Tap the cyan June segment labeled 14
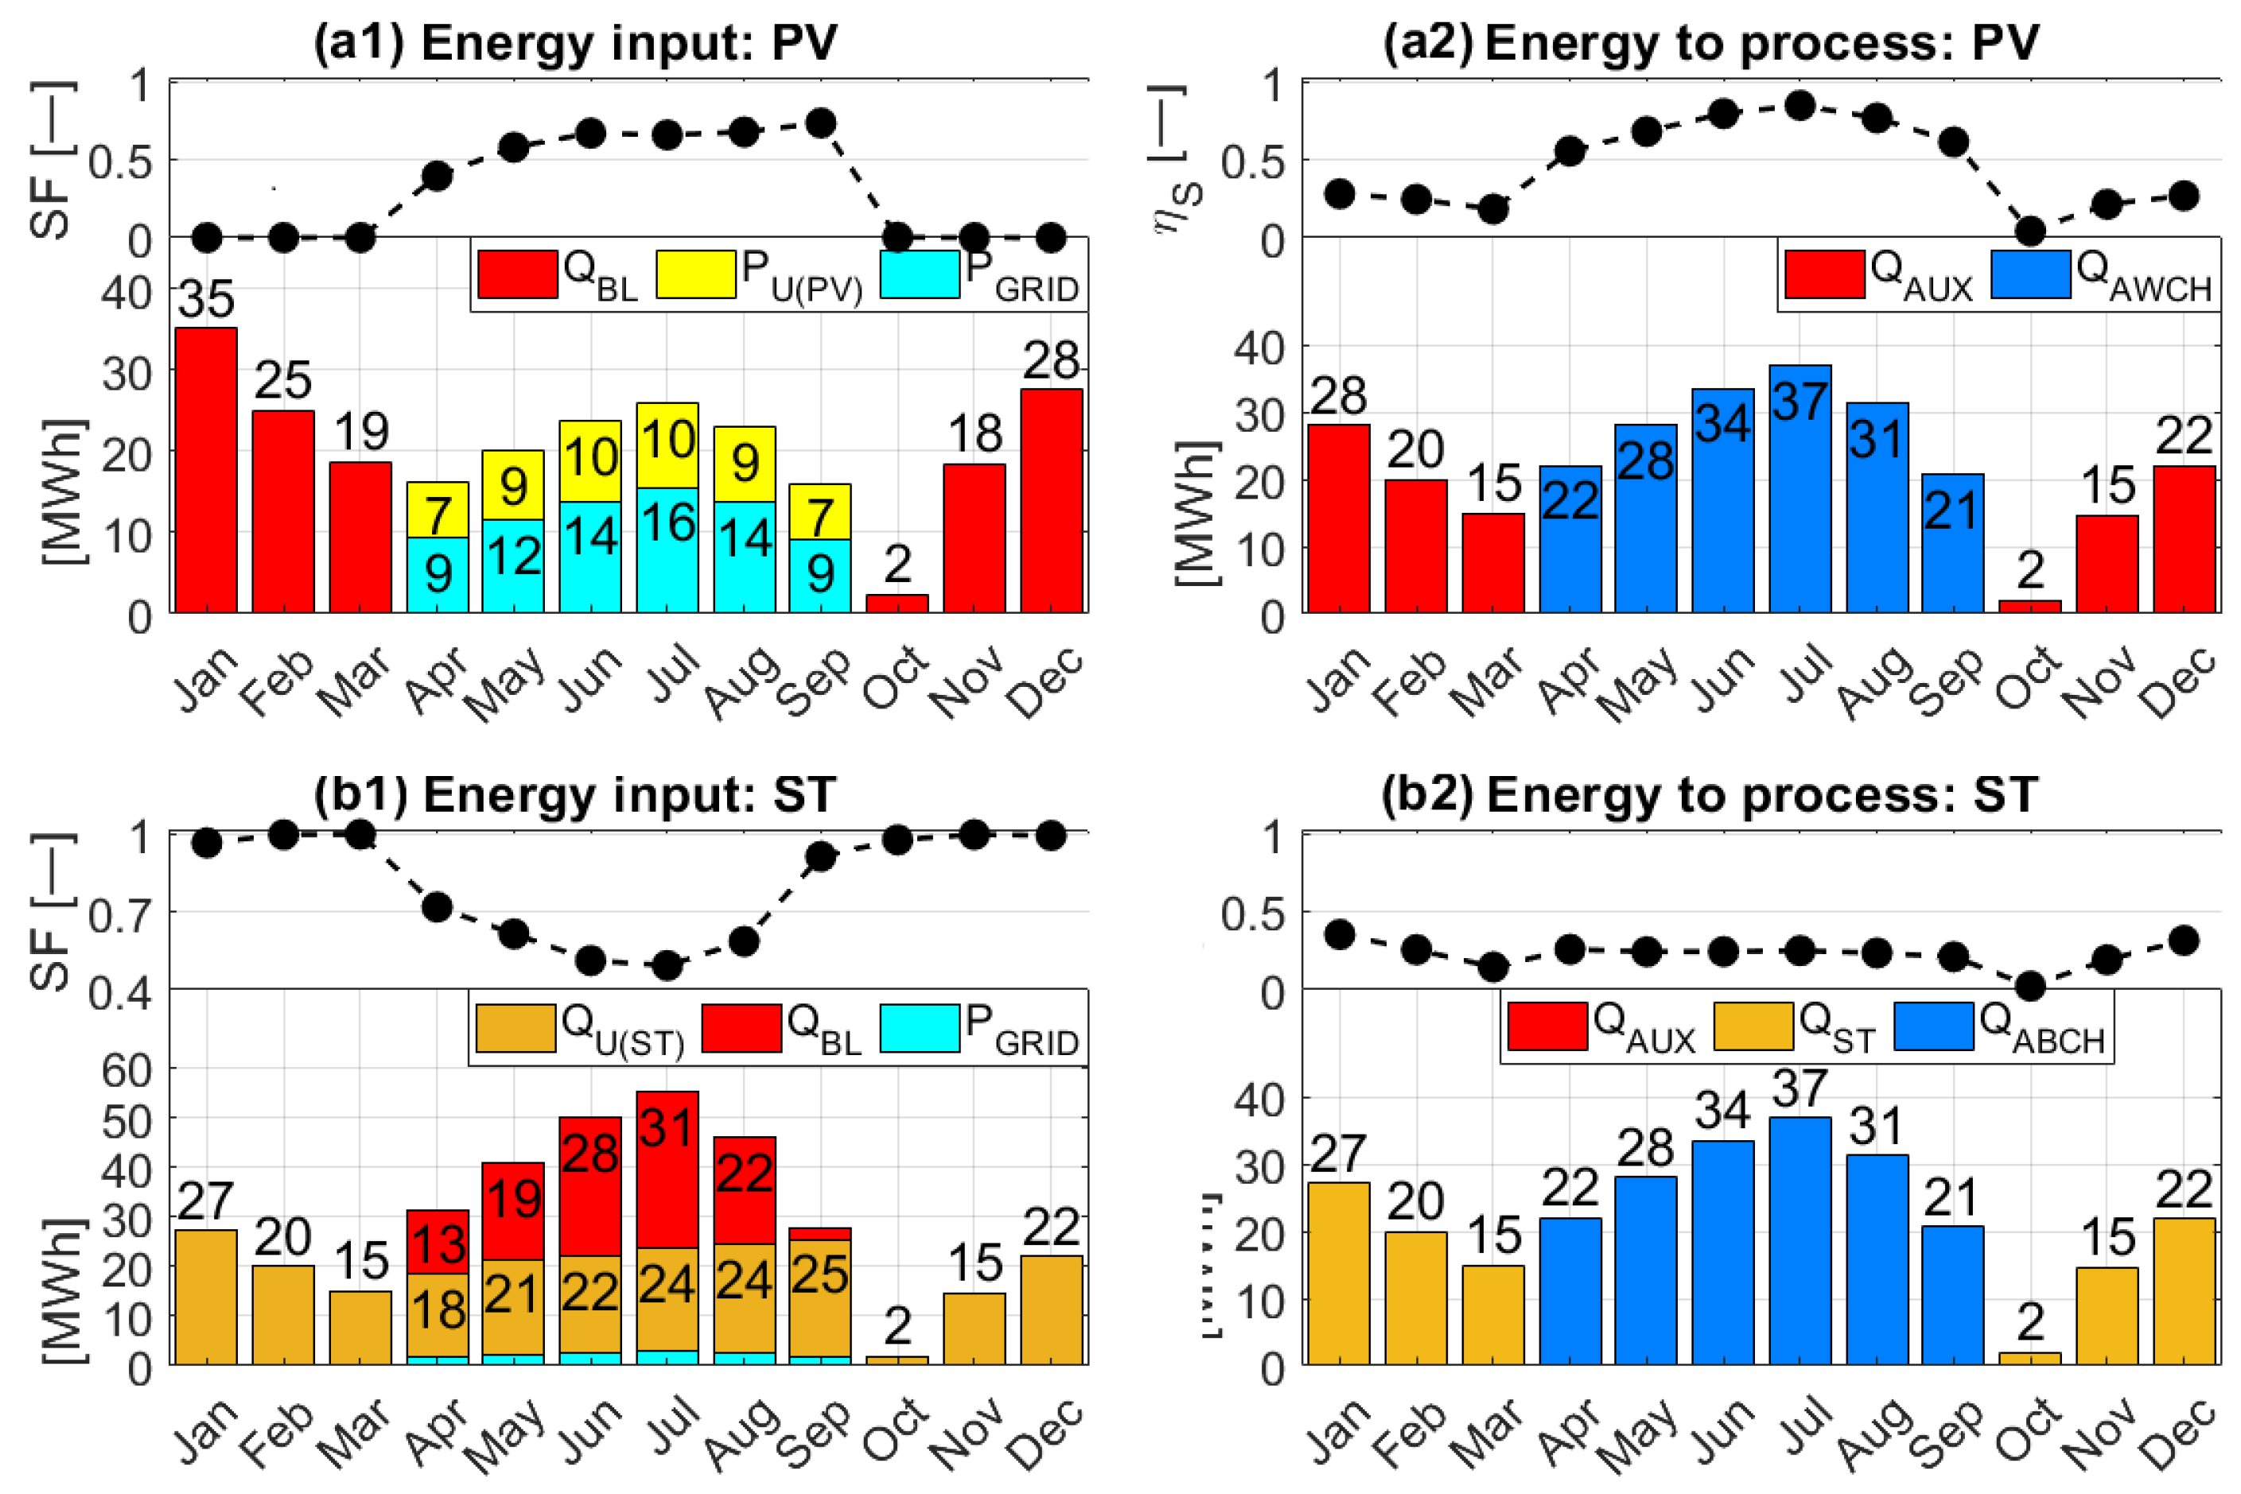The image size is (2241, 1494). point(590,557)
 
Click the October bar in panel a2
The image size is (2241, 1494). point(2029,606)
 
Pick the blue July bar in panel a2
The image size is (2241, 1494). point(1799,488)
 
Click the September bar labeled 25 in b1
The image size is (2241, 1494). point(819,1297)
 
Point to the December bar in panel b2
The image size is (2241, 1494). point(2184,1290)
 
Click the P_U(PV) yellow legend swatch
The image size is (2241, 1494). point(696,274)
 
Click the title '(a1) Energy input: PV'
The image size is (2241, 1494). point(576,43)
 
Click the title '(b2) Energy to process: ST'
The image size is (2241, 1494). point(1709,794)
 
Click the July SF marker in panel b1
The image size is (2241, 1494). point(667,966)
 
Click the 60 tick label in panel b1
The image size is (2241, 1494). point(126,1071)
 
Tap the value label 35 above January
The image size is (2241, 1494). point(206,299)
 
